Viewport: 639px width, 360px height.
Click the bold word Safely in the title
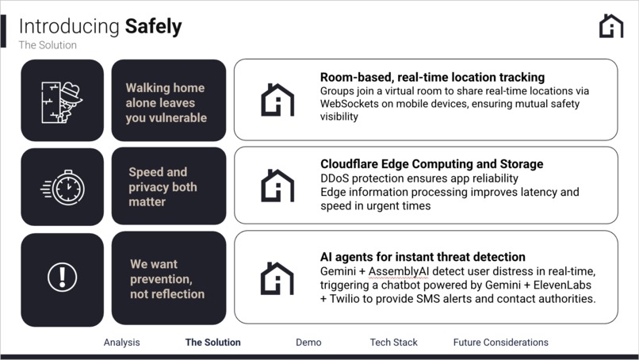point(153,26)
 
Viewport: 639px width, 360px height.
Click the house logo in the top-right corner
point(611,25)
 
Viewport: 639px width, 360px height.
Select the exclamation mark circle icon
point(62,278)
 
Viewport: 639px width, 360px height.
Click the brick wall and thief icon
point(62,101)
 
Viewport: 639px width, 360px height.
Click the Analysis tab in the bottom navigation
point(121,343)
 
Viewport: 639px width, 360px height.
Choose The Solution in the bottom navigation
point(212,343)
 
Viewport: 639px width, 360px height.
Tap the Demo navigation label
point(308,343)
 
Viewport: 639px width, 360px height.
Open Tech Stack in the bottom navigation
point(393,343)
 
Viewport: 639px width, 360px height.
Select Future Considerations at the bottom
point(500,343)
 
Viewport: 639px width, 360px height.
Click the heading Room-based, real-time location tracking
point(432,77)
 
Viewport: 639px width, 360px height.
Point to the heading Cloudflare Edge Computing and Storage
point(431,164)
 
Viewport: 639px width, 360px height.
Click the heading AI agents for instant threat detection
point(423,257)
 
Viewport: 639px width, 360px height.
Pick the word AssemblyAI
point(400,271)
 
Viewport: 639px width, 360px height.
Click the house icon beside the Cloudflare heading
point(277,186)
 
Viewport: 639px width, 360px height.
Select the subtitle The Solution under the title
point(48,45)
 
